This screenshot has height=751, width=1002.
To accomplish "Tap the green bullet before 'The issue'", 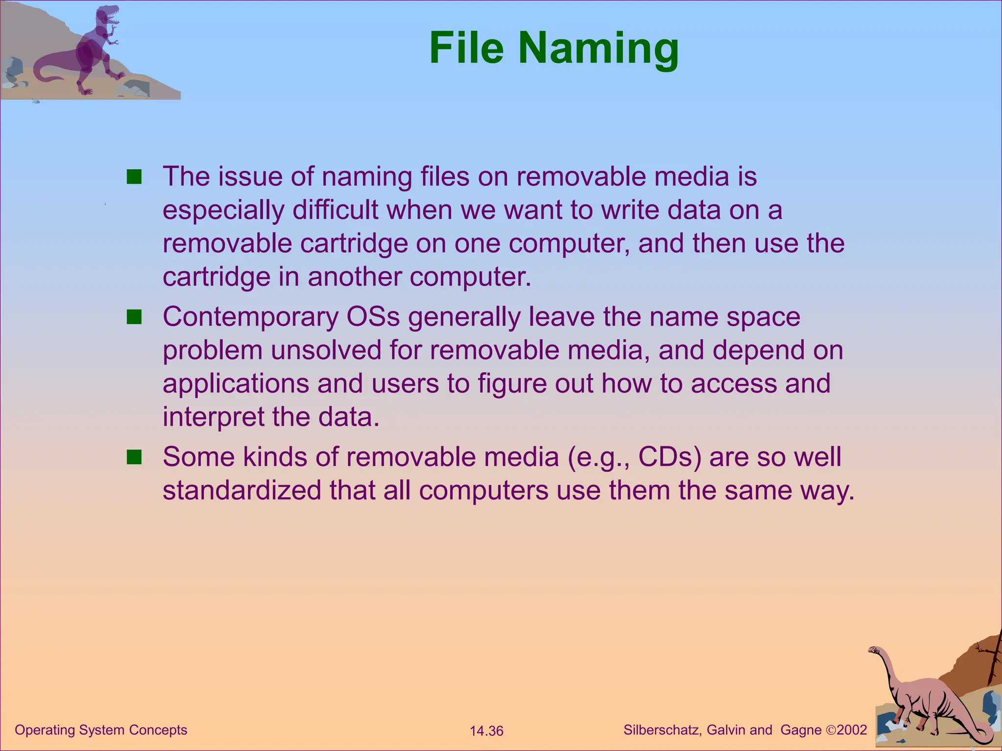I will (134, 177).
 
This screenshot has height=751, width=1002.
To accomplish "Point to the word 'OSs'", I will (373, 317).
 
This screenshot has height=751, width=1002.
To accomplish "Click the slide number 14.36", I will (486, 731).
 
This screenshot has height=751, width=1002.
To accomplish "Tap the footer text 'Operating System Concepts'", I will (101, 730).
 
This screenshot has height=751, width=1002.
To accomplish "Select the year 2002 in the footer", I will (852, 730).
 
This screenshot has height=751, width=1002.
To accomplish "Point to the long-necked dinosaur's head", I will (874, 650).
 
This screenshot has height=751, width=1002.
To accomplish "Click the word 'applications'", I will (236, 384).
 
